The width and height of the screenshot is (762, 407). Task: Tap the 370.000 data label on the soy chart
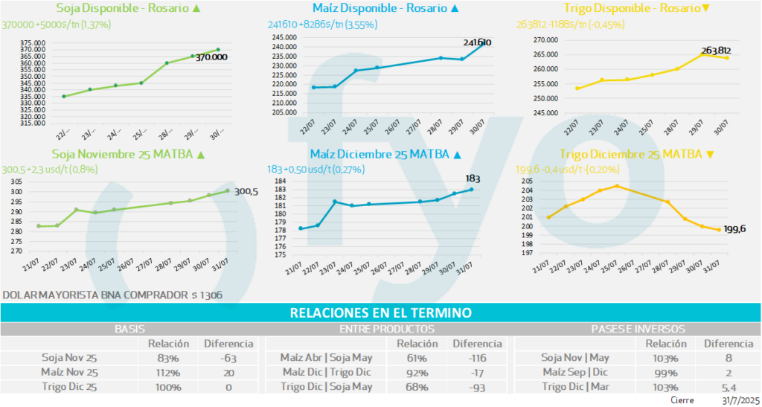pyautogui.click(x=211, y=57)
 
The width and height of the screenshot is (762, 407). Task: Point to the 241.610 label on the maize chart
pyautogui.click(x=477, y=42)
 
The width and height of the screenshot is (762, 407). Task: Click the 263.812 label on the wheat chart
pyautogui.click(x=716, y=51)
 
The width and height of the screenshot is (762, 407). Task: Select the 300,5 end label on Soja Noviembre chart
pyautogui.click(x=246, y=191)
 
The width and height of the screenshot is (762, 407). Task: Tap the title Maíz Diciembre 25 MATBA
pyautogui.click(x=380, y=155)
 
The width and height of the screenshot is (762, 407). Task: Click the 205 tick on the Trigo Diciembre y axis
pyautogui.click(x=526, y=182)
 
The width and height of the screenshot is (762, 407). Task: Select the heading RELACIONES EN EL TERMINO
pyautogui.click(x=380, y=313)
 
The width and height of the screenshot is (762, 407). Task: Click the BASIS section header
pyautogui.click(x=129, y=329)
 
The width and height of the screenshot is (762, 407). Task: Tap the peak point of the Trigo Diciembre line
pyautogui.click(x=616, y=186)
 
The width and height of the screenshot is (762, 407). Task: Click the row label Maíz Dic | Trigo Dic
pyautogui.click(x=326, y=372)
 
